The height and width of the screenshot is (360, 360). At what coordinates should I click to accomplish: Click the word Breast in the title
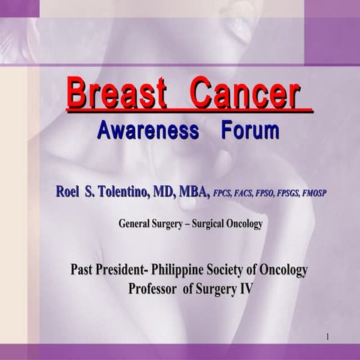pyautogui.click(x=117, y=94)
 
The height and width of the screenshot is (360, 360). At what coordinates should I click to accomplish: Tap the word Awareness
pyautogui.click(x=148, y=130)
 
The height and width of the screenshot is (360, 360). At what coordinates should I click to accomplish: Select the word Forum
pyautogui.click(x=250, y=130)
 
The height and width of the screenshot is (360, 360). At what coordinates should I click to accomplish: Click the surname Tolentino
pyautogui.click(x=124, y=191)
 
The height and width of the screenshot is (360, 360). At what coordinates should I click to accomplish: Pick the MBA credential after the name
pyautogui.click(x=194, y=191)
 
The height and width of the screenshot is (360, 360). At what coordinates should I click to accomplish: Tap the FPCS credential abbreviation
pyautogui.click(x=224, y=193)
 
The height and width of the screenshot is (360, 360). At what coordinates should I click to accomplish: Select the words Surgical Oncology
pyautogui.click(x=224, y=223)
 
